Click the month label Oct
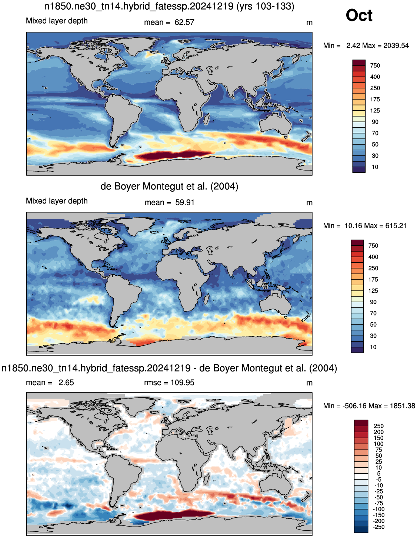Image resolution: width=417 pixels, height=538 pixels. pos(359,15)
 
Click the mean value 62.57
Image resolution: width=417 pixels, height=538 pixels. pos(184,22)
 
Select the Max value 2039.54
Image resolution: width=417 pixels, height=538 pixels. pos(396,46)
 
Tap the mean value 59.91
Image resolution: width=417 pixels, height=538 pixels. pos(185,202)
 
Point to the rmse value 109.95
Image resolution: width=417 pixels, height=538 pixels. pos(182,383)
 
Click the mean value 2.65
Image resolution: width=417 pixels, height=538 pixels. pos(66,383)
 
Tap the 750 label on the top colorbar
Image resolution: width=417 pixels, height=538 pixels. pos(375,65)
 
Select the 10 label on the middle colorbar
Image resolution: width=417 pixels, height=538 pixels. pos(373,347)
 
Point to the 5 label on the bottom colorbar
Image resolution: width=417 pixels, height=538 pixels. pos(378,474)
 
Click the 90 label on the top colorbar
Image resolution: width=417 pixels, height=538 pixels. pos(375,122)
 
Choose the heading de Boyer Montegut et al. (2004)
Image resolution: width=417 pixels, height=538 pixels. pos(169,186)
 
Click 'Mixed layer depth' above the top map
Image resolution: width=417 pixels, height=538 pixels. pos(57,21)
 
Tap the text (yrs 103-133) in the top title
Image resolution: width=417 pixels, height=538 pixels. pos(265,6)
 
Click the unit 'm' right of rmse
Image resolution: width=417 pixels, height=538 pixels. pos(309,383)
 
